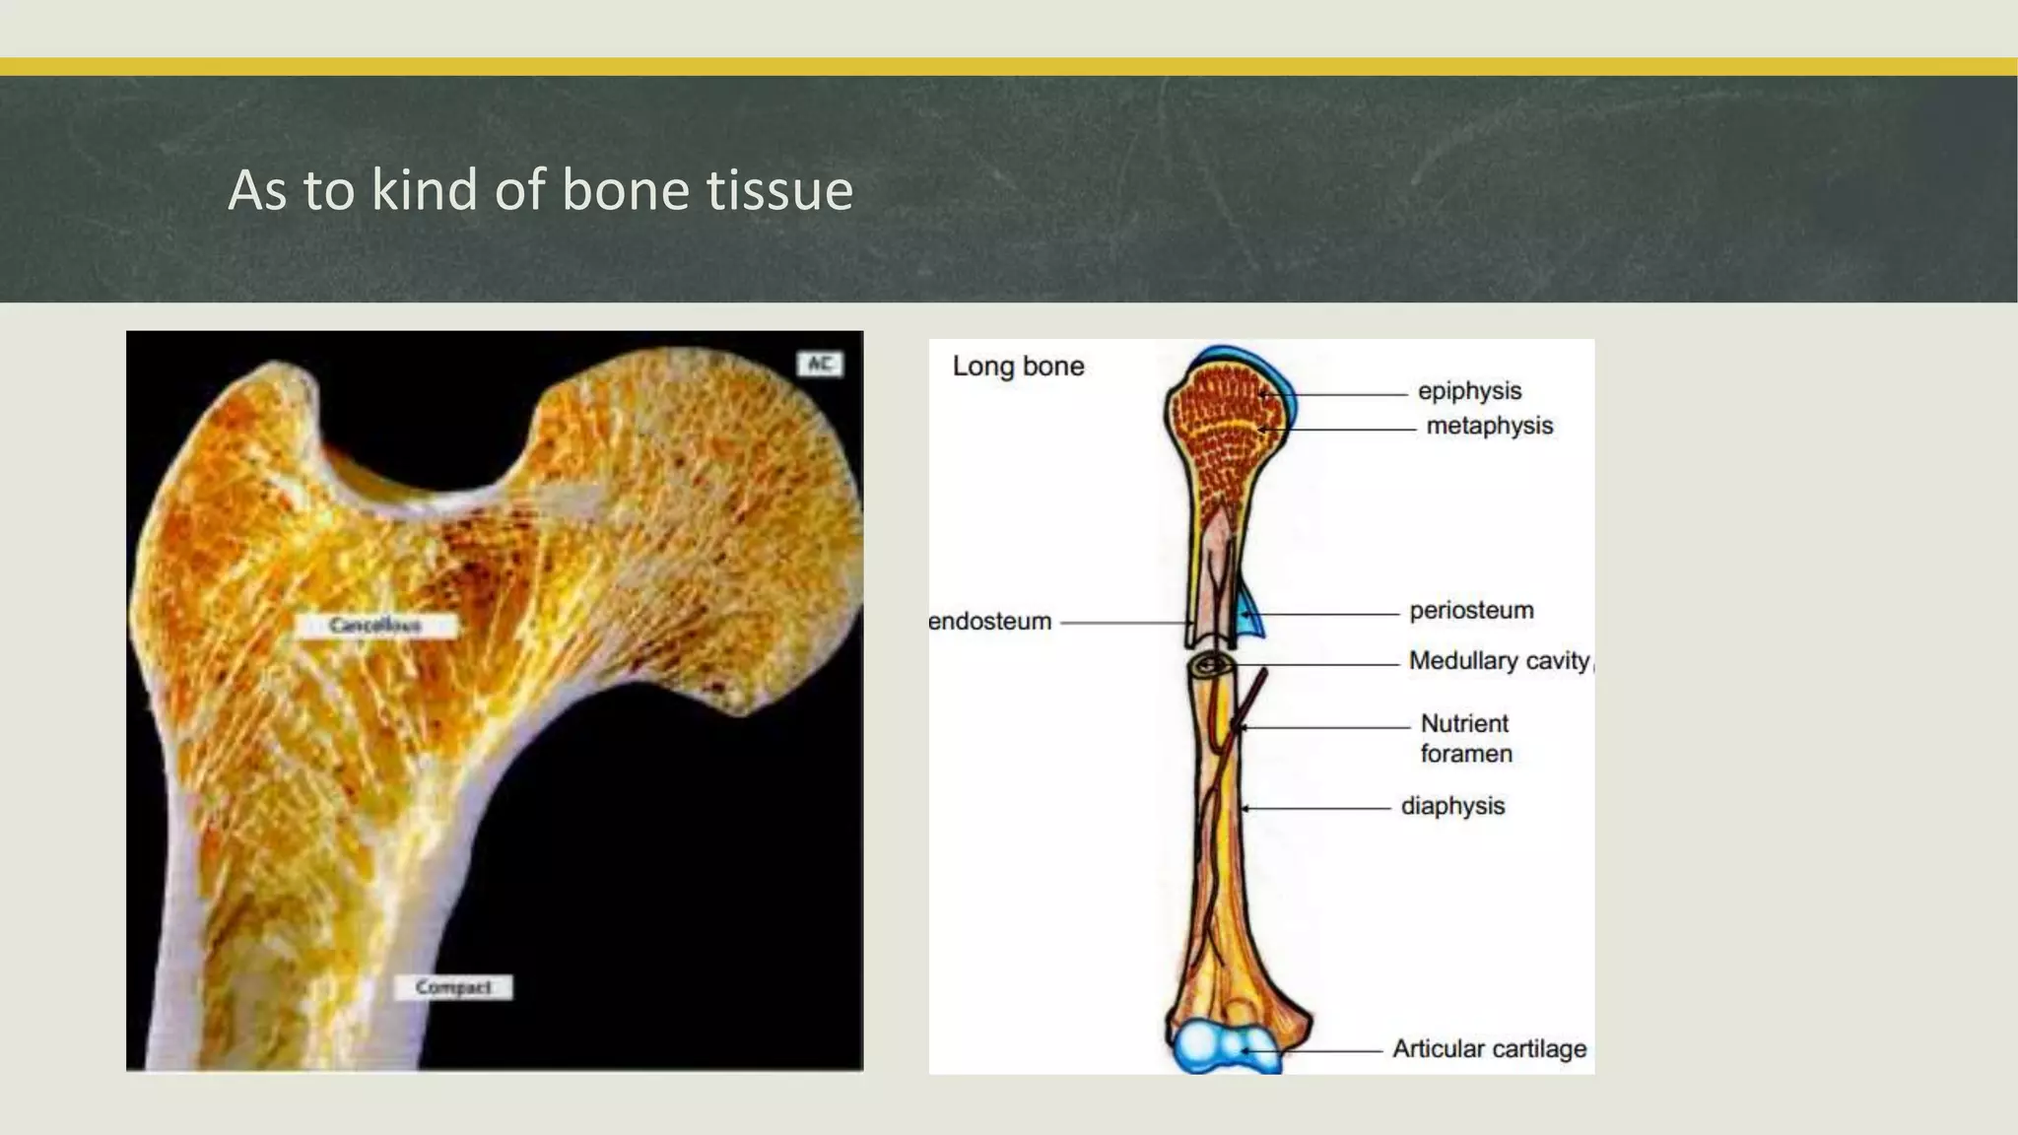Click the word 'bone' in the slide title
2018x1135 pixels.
[x=626, y=189]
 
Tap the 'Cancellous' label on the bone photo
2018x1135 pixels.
[x=374, y=626]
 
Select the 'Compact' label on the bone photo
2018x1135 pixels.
[x=453, y=987]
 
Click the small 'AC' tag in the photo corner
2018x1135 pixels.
[x=820, y=365]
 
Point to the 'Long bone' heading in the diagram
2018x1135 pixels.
[x=1018, y=367]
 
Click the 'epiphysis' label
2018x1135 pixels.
[x=1469, y=391]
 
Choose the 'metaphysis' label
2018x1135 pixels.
[x=1489, y=426]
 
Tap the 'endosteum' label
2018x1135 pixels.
[x=990, y=622]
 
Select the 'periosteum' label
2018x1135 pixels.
[x=1471, y=611]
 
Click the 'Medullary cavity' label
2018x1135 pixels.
[x=1499, y=661]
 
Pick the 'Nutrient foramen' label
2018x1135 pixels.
[x=1465, y=738]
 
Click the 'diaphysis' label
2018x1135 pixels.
[x=1452, y=806]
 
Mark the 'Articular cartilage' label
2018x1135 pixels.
[x=1489, y=1049]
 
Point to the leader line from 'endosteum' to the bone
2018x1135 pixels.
[x=1123, y=623]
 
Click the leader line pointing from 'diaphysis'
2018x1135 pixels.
[x=1315, y=808]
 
